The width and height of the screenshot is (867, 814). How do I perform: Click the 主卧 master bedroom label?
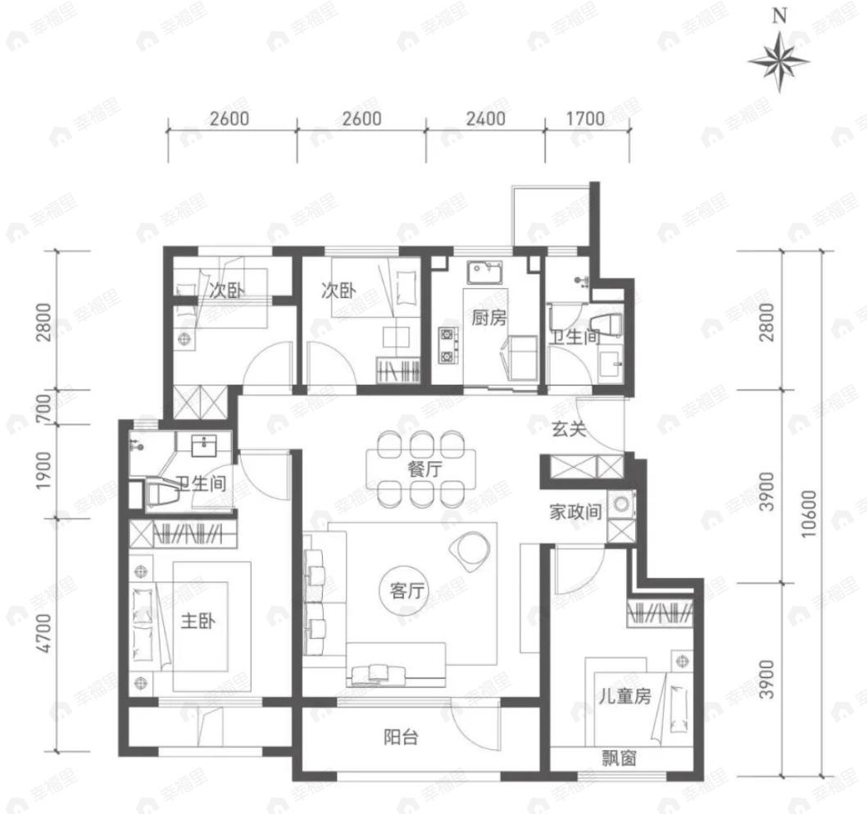click(197, 622)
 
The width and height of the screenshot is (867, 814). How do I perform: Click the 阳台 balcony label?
click(402, 737)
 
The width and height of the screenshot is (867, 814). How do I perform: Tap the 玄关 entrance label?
click(568, 428)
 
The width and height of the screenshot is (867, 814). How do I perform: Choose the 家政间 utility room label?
click(576, 513)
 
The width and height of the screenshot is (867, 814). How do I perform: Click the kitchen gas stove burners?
click(447, 345)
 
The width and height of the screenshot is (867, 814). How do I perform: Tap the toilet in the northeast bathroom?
click(607, 322)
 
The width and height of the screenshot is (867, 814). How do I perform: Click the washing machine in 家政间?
click(623, 504)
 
